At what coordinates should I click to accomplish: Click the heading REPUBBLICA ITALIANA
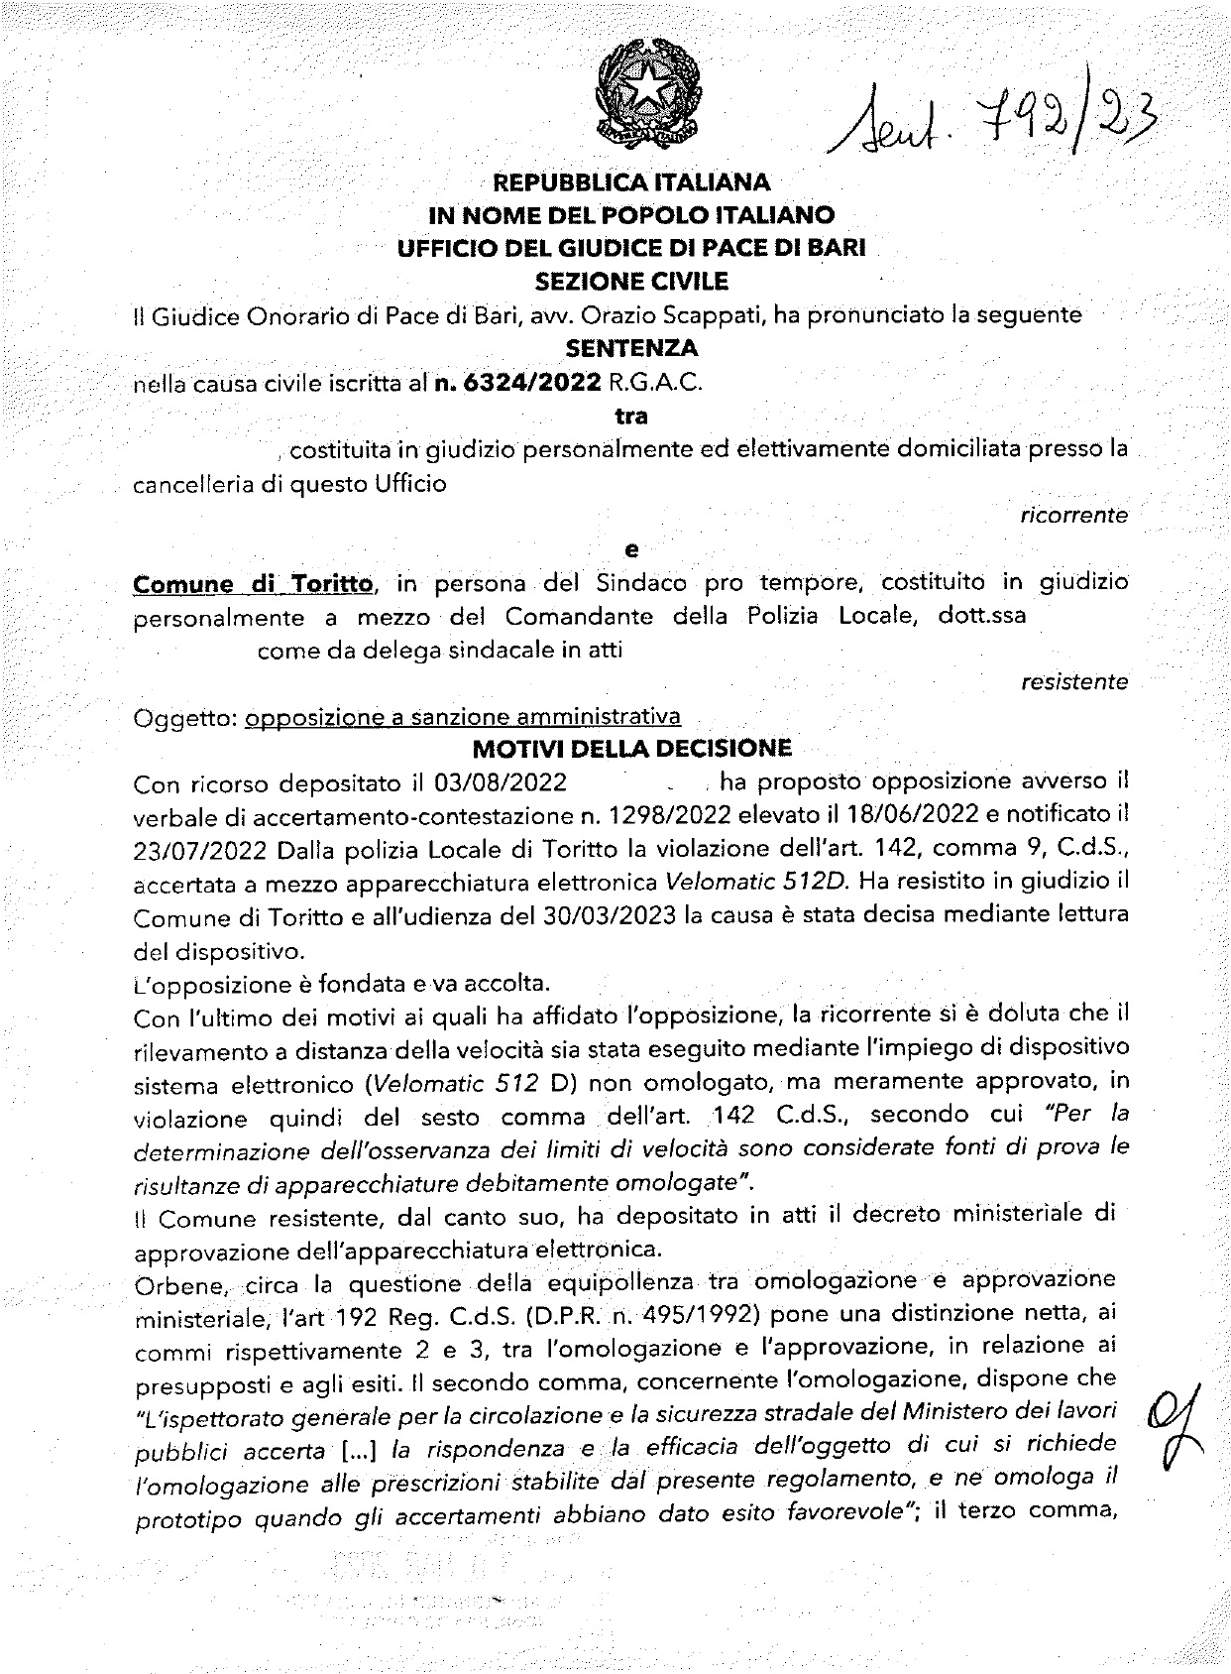click(x=631, y=182)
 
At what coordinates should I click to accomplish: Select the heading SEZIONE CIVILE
click(x=631, y=282)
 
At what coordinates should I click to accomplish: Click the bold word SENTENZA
click(x=630, y=348)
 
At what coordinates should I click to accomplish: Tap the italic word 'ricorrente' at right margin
click(x=1073, y=516)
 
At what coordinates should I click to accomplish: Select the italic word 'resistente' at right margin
click(x=1073, y=682)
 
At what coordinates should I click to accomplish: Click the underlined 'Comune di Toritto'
click(x=254, y=584)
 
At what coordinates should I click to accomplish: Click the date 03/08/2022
click(x=501, y=782)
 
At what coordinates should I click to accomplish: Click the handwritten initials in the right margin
click(x=1169, y=1429)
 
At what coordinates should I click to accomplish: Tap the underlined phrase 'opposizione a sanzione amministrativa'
click(x=463, y=716)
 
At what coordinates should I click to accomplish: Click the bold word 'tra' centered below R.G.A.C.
click(x=630, y=417)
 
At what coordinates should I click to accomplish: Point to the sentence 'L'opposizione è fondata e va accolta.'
click(x=340, y=983)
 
